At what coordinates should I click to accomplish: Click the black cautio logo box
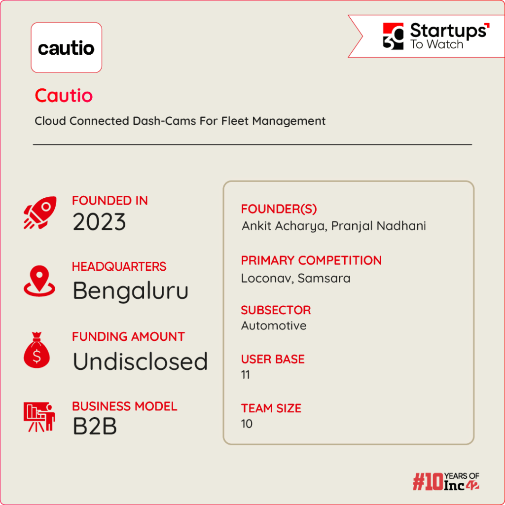pos(66,48)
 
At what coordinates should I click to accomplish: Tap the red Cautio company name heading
pos(64,96)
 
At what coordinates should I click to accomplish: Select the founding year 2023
pos(99,222)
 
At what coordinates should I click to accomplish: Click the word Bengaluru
pos(130,291)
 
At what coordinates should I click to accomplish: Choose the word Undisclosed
pos(140,361)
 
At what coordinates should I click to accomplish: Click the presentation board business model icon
pos(39,418)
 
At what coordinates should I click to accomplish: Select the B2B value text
pos(95,427)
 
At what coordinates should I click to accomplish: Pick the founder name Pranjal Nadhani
pos(378,226)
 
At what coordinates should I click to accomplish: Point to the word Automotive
pos(274,325)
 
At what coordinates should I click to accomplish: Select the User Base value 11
pos(246,375)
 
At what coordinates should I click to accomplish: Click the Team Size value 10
pos(247,424)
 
